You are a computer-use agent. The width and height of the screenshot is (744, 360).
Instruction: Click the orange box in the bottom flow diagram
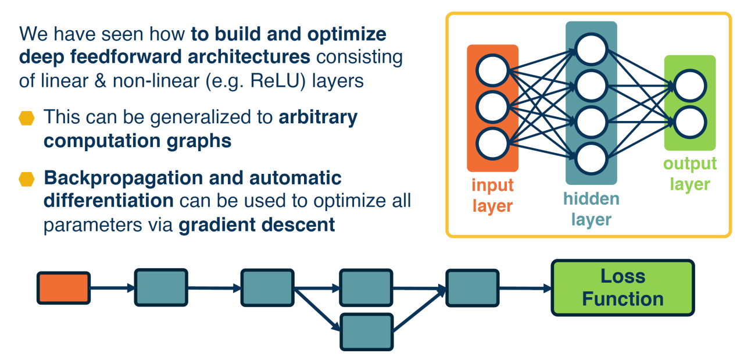pos(63,288)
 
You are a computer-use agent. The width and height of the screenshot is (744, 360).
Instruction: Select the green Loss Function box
pos(623,288)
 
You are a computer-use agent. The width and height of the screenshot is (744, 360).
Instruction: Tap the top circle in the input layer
pos(492,70)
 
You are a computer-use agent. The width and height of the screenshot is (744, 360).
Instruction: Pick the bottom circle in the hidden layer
pos(591,159)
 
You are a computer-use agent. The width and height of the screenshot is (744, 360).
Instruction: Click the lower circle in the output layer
pos(690,122)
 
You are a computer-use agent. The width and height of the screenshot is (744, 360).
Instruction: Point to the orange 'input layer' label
pos(492,195)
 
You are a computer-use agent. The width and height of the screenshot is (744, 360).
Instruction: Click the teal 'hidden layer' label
pos(592,209)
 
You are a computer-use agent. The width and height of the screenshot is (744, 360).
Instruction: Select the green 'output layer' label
pos(690,174)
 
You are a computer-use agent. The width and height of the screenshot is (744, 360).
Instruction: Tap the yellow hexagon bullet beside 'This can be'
pos(27,118)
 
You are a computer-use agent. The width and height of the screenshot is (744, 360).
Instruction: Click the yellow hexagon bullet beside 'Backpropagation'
pos(27,179)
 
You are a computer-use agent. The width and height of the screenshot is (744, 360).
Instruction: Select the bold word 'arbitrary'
pos(318,117)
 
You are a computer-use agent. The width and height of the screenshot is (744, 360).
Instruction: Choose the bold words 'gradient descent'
pos(257,224)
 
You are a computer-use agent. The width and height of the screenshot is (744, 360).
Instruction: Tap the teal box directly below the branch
pos(367,332)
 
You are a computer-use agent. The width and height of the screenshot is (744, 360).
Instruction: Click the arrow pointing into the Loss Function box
pos(525,288)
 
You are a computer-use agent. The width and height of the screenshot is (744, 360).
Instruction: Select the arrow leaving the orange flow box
pos(113,288)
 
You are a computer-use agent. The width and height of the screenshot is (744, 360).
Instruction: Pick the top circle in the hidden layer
pos(591,49)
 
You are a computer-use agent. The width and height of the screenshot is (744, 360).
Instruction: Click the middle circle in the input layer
pos(492,107)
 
